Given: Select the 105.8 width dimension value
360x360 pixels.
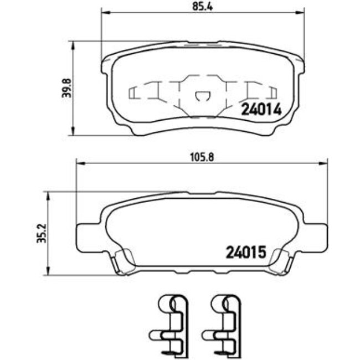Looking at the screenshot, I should [x=202, y=157].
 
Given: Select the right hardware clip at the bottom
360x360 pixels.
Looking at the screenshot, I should [x=222, y=324].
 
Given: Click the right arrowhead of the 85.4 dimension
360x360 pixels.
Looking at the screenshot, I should [x=301, y=12].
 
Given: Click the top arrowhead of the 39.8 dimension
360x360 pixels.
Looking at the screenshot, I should [x=73, y=44].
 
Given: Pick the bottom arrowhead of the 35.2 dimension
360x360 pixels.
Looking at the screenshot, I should [x=49, y=274].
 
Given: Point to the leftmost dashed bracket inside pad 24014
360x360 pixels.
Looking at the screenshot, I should [x=135, y=92].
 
